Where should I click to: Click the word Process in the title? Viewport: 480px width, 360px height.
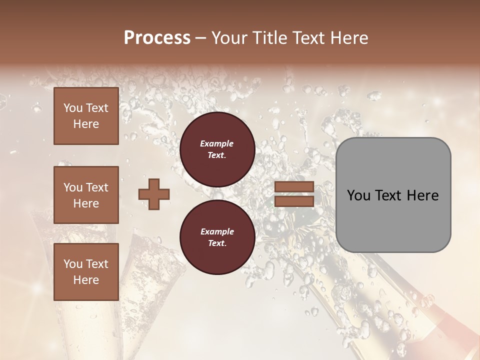[x=157, y=38]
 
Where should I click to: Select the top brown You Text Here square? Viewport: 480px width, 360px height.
[x=86, y=116]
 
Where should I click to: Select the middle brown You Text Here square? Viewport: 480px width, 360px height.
[x=86, y=195]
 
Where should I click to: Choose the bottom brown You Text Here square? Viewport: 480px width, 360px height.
[x=86, y=272]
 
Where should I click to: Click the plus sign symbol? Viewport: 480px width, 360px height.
[x=154, y=194]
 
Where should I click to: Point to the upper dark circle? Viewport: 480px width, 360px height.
[x=217, y=149]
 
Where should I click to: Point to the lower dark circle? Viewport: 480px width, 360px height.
[x=217, y=237]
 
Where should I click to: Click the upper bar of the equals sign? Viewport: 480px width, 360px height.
[x=294, y=187]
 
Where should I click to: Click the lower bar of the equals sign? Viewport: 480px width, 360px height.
[x=294, y=201]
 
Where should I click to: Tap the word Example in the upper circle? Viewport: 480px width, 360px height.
[x=217, y=143]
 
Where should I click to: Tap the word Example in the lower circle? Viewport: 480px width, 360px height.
[x=217, y=231]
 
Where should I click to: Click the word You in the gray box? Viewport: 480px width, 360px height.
[x=358, y=195]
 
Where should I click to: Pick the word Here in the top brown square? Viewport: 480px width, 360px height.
[x=86, y=124]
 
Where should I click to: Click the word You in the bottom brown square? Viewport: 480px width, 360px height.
[x=73, y=264]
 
